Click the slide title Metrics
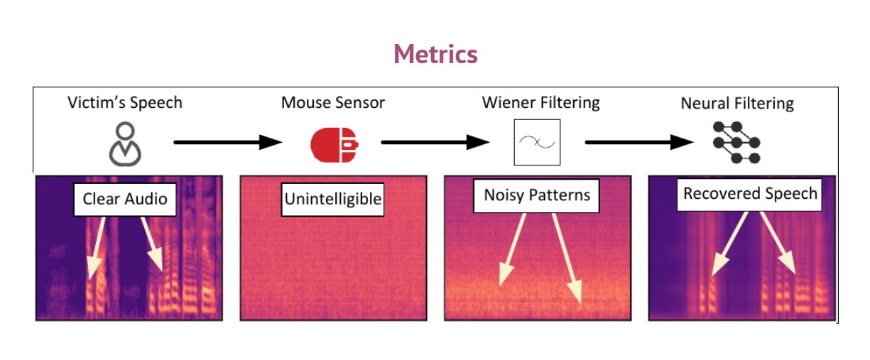pyautogui.click(x=435, y=54)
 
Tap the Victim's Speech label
pyautogui.click(x=125, y=102)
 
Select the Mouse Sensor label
pyautogui.click(x=333, y=102)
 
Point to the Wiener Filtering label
pyautogui.click(x=540, y=102)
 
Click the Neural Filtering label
pyautogui.click(x=737, y=104)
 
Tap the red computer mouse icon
pyautogui.click(x=333, y=144)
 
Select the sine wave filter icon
pyautogui.click(x=537, y=142)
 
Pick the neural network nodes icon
pyautogui.click(x=736, y=143)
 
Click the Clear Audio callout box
pyautogui.click(x=125, y=198)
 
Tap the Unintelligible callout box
pyautogui.click(x=333, y=200)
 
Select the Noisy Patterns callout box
pyautogui.click(x=537, y=195)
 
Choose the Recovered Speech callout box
pyautogui.click(x=750, y=193)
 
